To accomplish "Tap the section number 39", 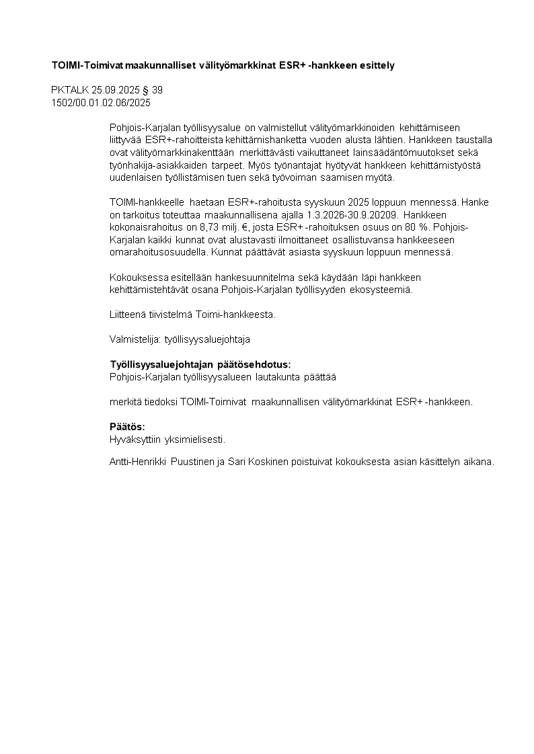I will tap(157, 90).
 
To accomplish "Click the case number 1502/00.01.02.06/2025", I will tap(101, 103).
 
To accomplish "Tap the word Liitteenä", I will tap(129, 315).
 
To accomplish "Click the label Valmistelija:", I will tap(135, 340).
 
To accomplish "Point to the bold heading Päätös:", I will tap(127, 427).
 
